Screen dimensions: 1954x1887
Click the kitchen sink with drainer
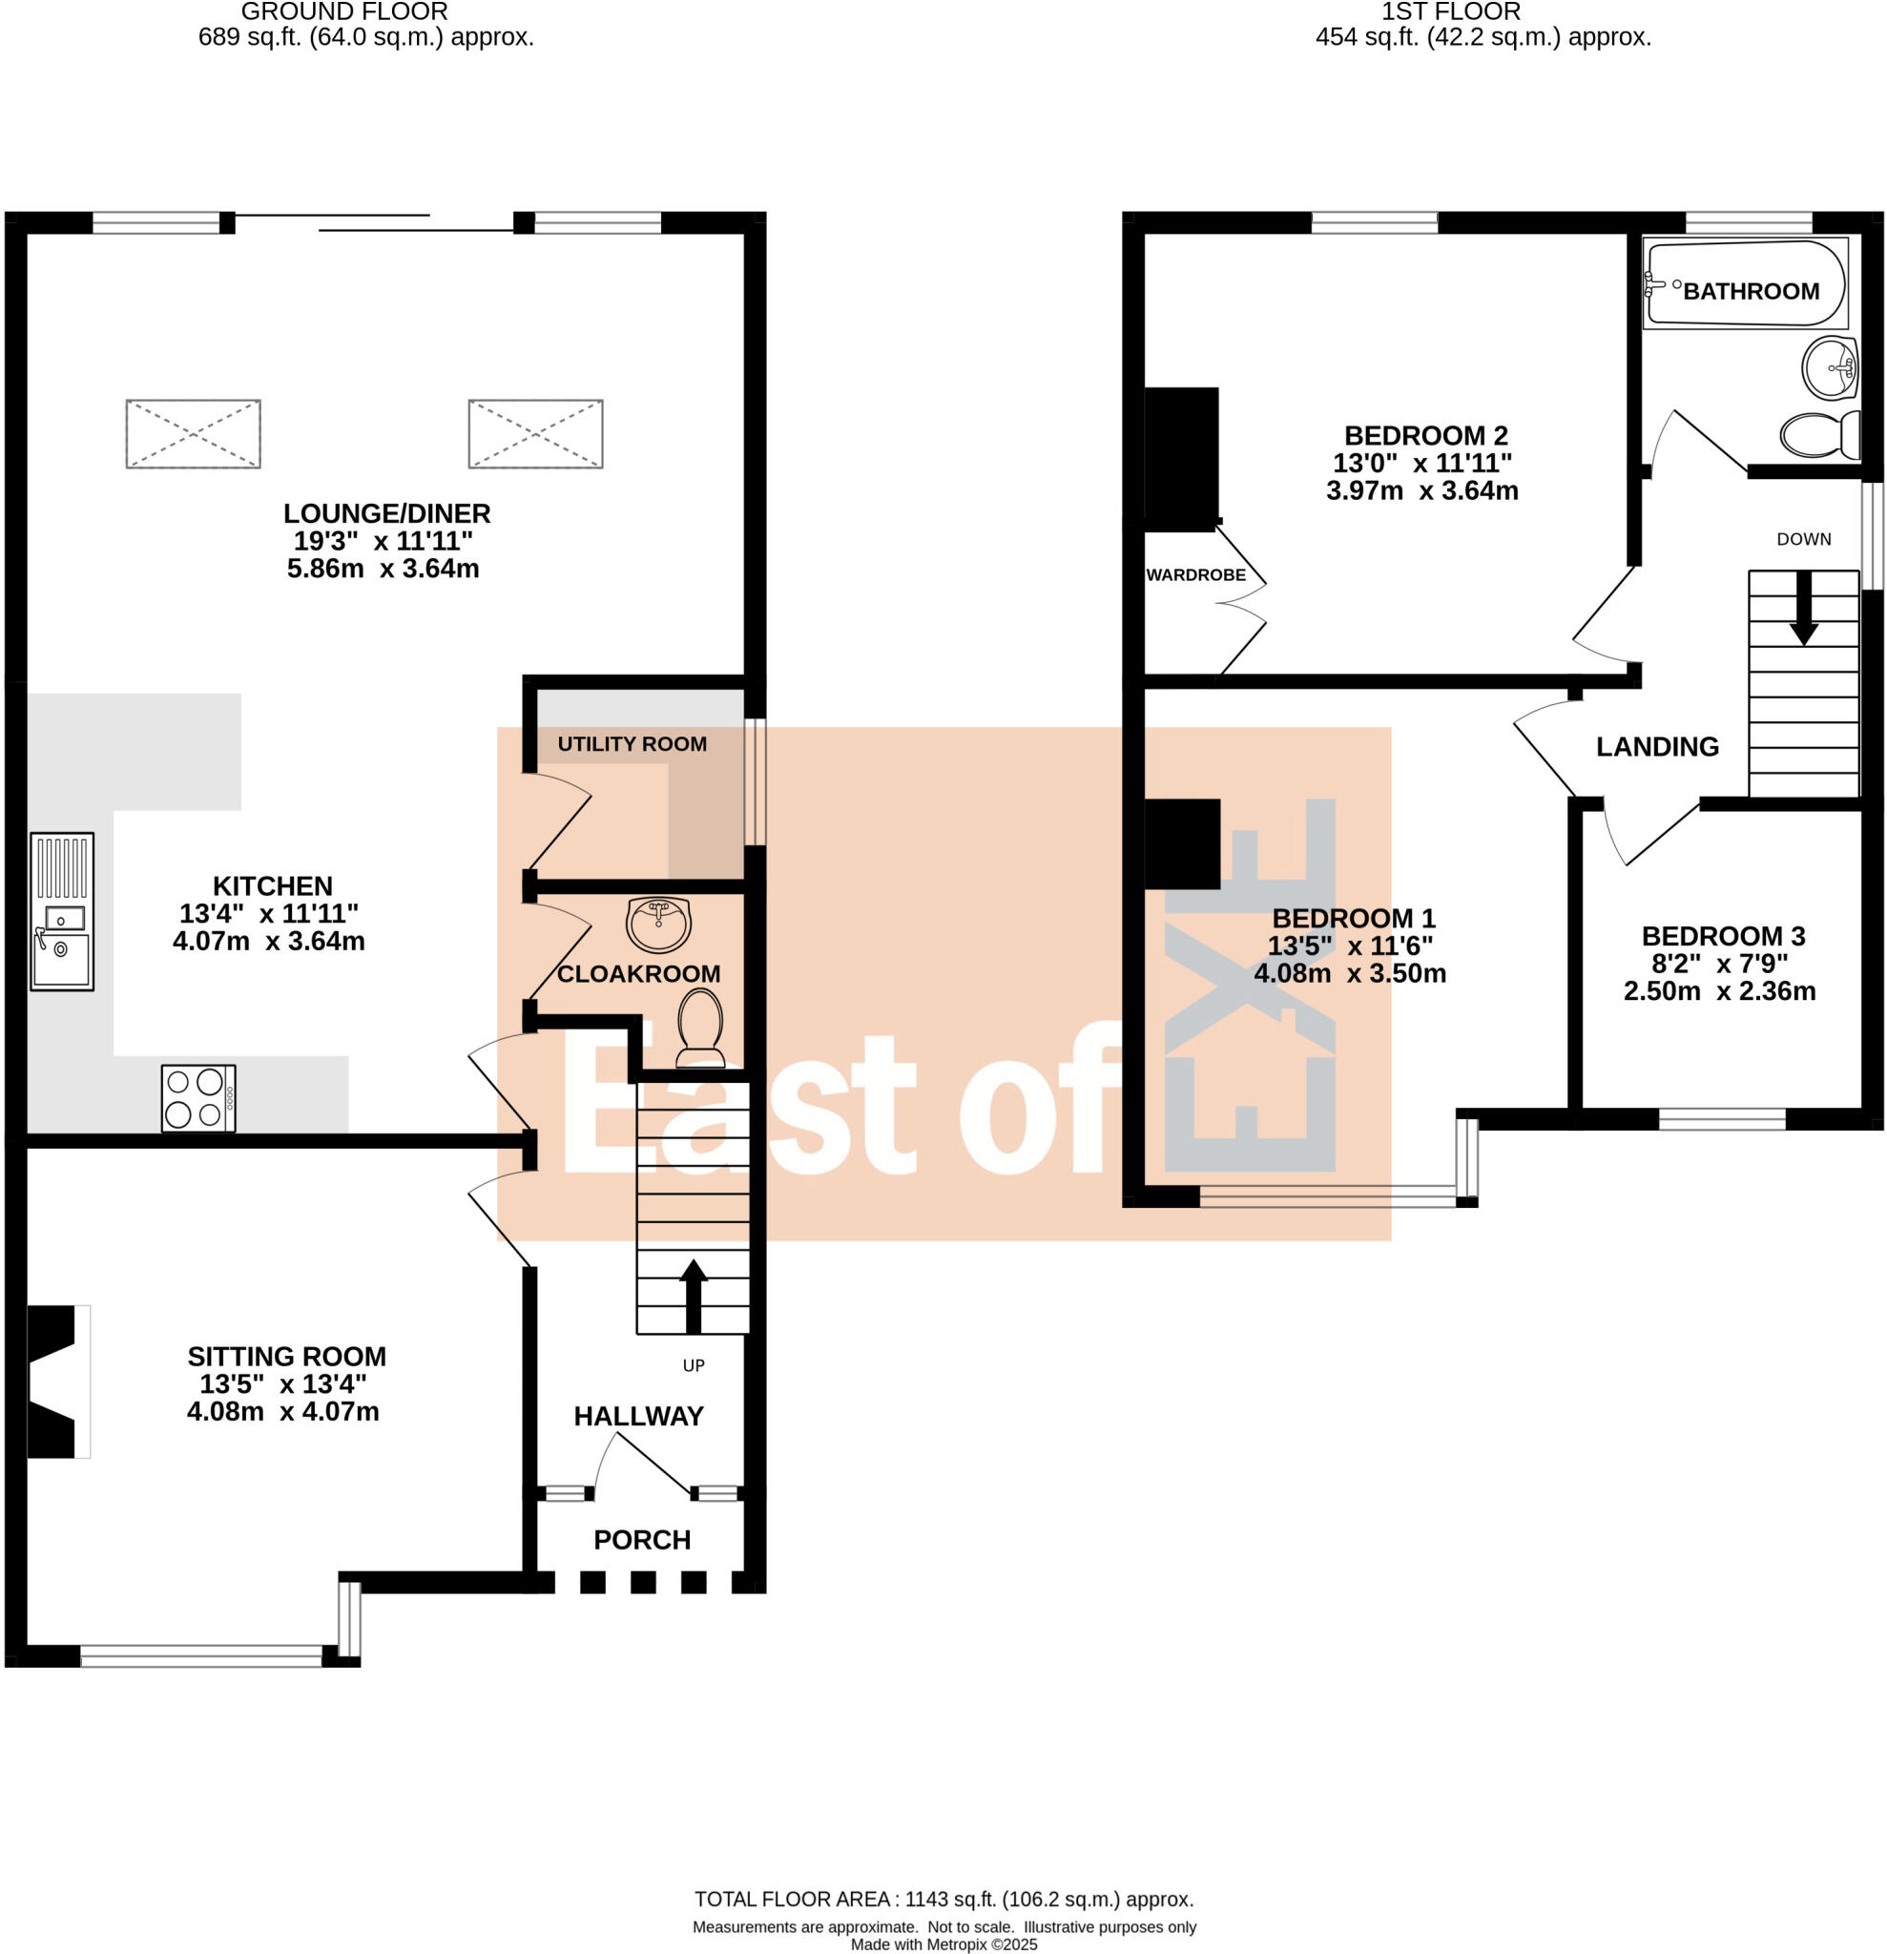[62, 911]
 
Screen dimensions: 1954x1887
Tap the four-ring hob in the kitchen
[198, 1097]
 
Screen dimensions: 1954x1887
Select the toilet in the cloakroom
[701, 1027]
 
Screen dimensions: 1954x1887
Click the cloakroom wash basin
[658, 924]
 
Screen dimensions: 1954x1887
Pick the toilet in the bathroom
[1820, 435]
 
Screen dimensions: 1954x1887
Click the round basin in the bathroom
[1830, 368]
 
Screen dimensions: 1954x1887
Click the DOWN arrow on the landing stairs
[1803, 607]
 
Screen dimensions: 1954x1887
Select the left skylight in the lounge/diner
[194, 434]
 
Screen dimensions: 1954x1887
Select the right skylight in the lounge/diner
[535, 434]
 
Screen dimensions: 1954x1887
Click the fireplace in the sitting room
[54, 1381]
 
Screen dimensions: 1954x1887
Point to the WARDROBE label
[1195, 575]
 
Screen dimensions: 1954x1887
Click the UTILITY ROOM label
[632, 743]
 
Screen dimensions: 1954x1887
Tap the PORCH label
[642, 1540]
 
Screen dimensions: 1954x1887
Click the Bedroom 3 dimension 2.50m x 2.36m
[1718, 991]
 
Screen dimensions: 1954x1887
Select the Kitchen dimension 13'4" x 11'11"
[269, 913]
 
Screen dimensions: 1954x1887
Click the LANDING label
[1657, 747]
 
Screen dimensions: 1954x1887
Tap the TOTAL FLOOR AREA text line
[943, 1900]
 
